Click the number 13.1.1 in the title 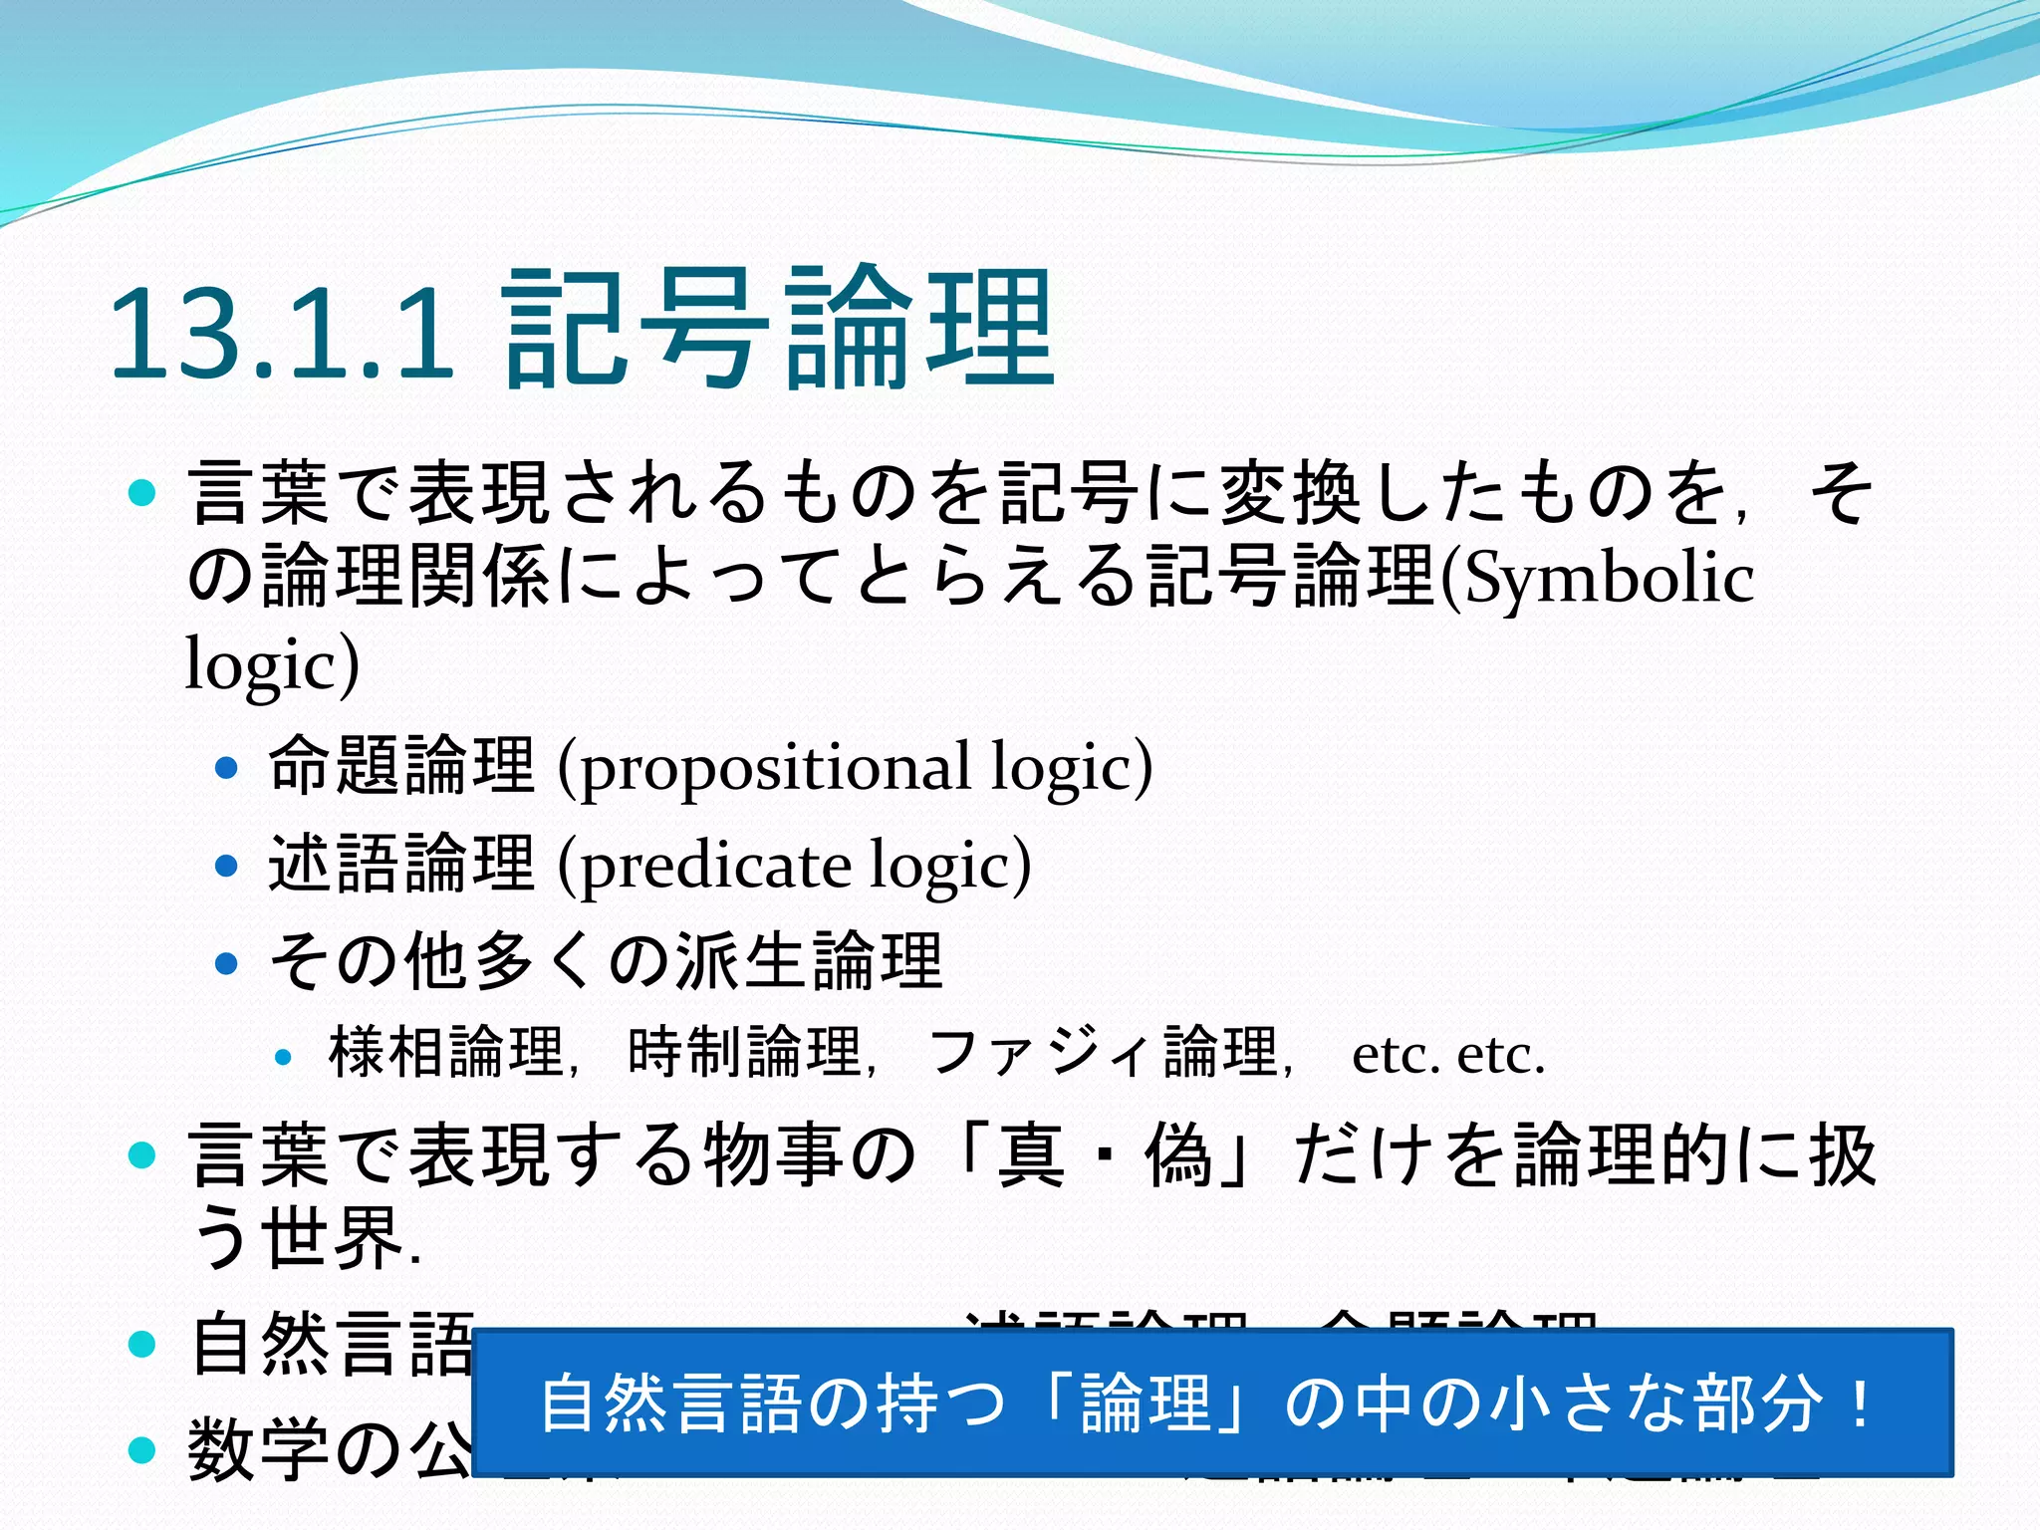click(x=281, y=333)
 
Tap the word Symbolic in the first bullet click(x=1608, y=579)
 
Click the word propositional click(x=775, y=767)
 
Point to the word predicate click(x=715, y=865)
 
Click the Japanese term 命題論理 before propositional click(x=402, y=765)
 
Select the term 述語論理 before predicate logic click(x=402, y=863)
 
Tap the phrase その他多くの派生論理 click(x=606, y=962)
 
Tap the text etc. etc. click(x=1448, y=1055)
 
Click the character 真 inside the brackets click(x=1031, y=1155)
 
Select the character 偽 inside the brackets click(x=1177, y=1155)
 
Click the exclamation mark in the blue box click(x=1859, y=1402)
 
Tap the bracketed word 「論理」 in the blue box click(x=1146, y=1402)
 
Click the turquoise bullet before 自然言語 click(x=143, y=1344)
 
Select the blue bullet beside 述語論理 click(x=227, y=865)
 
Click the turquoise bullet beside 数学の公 click(x=143, y=1449)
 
